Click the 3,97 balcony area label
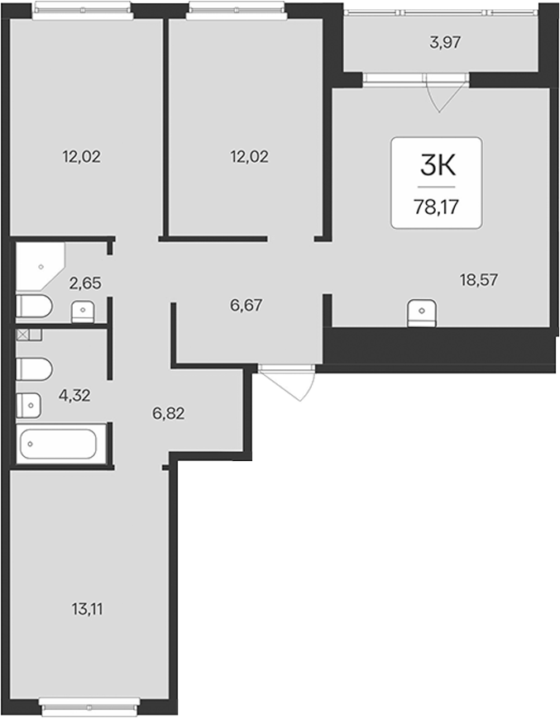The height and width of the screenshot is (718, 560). pyautogui.click(x=445, y=43)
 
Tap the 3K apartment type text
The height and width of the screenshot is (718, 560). pyautogui.click(x=438, y=165)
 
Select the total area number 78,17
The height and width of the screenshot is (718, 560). pyautogui.click(x=436, y=207)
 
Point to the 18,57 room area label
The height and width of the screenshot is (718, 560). pyautogui.click(x=479, y=279)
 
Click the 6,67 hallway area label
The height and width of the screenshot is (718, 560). pyautogui.click(x=246, y=305)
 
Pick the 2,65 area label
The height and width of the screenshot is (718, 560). pyautogui.click(x=84, y=283)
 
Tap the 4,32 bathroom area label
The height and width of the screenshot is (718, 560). pyautogui.click(x=74, y=395)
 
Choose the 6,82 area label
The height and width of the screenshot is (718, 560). pyautogui.click(x=168, y=413)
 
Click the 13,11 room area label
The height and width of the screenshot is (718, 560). pyautogui.click(x=87, y=609)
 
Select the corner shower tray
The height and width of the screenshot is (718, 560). pyautogui.click(x=41, y=266)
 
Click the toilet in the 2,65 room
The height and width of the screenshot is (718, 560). pyautogui.click(x=34, y=307)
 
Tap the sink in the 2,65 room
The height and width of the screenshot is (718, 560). pyautogui.click(x=83, y=311)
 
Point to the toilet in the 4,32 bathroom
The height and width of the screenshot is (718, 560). pyautogui.click(x=34, y=369)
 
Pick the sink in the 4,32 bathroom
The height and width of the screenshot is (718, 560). pyautogui.click(x=29, y=405)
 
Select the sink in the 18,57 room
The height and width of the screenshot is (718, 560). pyautogui.click(x=422, y=313)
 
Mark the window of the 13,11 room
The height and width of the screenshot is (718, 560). pyautogui.click(x=89, y=706)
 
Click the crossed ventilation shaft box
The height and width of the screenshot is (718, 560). pyautogui.click(x=22, y=335)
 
